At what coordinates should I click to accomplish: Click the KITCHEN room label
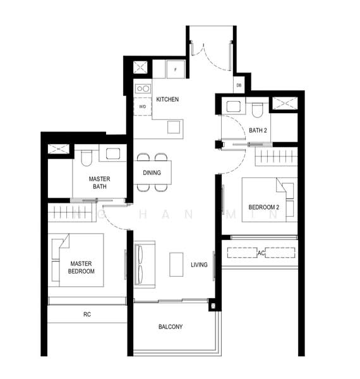click(x=167, y=99)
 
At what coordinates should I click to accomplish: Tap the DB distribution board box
click(x=239, y=85)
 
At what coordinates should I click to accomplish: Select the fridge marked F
click(x=176, y=69)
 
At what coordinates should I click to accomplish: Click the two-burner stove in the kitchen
click(x=143, y=88)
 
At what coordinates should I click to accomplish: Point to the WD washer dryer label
click(x=143, y=106)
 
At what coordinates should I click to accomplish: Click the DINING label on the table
click(x=152, y=173)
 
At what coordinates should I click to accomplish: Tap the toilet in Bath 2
click(x=257, y=109)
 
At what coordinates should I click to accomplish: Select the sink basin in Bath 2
click(x=234, y=107)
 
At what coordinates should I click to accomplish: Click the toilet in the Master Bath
click(x=87, y=158)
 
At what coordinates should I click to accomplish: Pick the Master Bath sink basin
click(x=113, y=153)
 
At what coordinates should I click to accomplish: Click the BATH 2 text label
click(x=258, y=131)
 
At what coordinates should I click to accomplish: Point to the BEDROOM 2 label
click(x=263, y=207)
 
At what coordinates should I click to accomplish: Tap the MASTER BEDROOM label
click(x=81, y=267)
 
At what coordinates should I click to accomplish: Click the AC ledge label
click(x=261, y=253)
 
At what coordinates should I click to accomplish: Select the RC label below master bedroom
click(x=87, y=314)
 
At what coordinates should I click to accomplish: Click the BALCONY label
click(x=171, y=327)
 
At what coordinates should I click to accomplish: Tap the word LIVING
click(x=199, y=265)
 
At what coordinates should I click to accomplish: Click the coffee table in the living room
click(x=176, y=265)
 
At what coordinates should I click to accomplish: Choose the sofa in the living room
click(x=145, y=265)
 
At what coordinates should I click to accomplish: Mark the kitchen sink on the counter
click(x=174, y=127)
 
